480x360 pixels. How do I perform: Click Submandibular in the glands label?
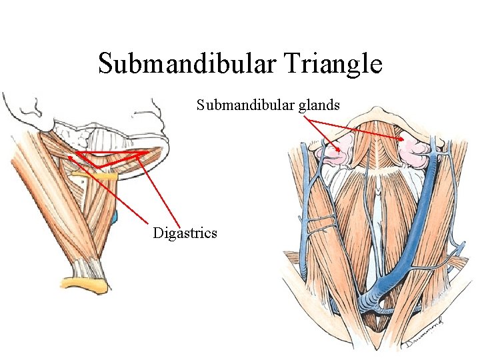(x=244, y=105)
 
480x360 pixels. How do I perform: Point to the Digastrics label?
(x=185, y=233)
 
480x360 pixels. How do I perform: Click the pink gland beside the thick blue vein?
(x=415, y=151)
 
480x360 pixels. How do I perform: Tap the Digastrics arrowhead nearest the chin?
(x=144, y=153)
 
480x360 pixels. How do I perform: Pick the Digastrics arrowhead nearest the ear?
(x=71, y=155)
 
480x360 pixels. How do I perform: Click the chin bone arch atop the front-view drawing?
(x=377, y=113)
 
